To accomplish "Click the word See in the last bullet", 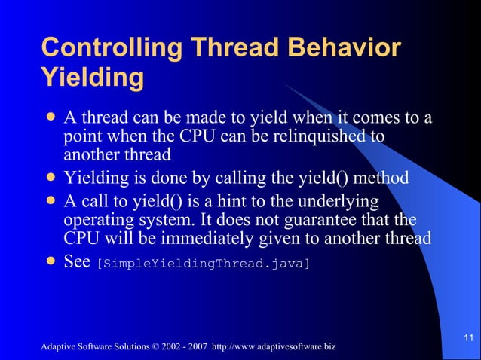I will (x=78, y=263).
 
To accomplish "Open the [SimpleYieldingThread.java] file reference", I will (x=203, y=264).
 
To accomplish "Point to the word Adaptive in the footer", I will (x=60, y=346).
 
